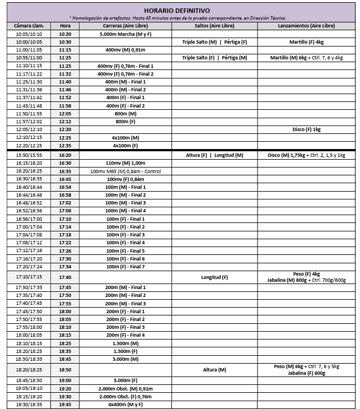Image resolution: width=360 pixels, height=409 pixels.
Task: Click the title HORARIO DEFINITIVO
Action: coord(177,10)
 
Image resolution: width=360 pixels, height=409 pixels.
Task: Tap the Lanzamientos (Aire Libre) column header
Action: coord(306,26)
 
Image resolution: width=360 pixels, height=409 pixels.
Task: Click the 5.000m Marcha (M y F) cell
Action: coord(125,34)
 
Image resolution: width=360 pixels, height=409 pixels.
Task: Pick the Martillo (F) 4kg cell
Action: coord(306,42)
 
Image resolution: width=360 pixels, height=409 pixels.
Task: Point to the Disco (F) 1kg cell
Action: coord(306,129)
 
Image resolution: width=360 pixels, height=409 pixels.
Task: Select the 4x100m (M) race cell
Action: coord(125,137)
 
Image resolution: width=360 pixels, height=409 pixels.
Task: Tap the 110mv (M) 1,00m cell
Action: coord(125,163)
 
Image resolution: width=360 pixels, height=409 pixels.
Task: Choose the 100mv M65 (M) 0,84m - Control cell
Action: coord(125,171)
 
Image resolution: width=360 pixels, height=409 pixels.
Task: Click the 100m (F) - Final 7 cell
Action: coord(125,267)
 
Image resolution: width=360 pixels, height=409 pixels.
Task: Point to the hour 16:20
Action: coord(65,155)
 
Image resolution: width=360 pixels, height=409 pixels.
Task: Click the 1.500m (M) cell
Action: coord(125,343)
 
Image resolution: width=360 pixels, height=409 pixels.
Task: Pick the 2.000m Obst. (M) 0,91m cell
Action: coord(125,388)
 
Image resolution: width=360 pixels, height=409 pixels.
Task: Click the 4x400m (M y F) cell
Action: coord(125,404)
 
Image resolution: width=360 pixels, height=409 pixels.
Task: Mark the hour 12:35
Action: coord(65,145)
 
